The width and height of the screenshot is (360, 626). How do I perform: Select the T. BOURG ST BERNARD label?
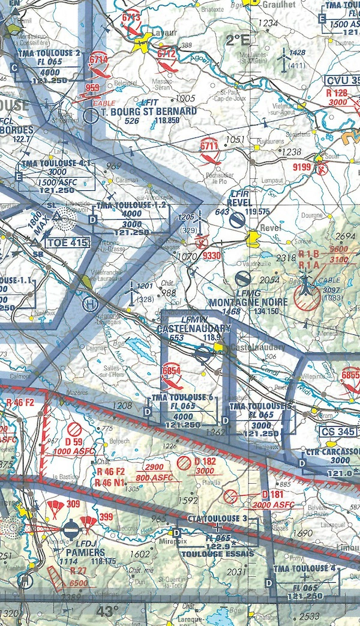click(x=149, y=112)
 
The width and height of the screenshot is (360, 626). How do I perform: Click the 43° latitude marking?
click(x=109, y=612)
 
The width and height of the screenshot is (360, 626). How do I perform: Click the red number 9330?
click(x=212, y=256)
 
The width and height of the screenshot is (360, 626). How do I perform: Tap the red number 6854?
click(x=171, y=371)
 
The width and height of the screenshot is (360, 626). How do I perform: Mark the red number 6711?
click(x=208, y=145)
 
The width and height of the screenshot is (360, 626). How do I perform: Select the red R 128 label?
click(x=337, y=93)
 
